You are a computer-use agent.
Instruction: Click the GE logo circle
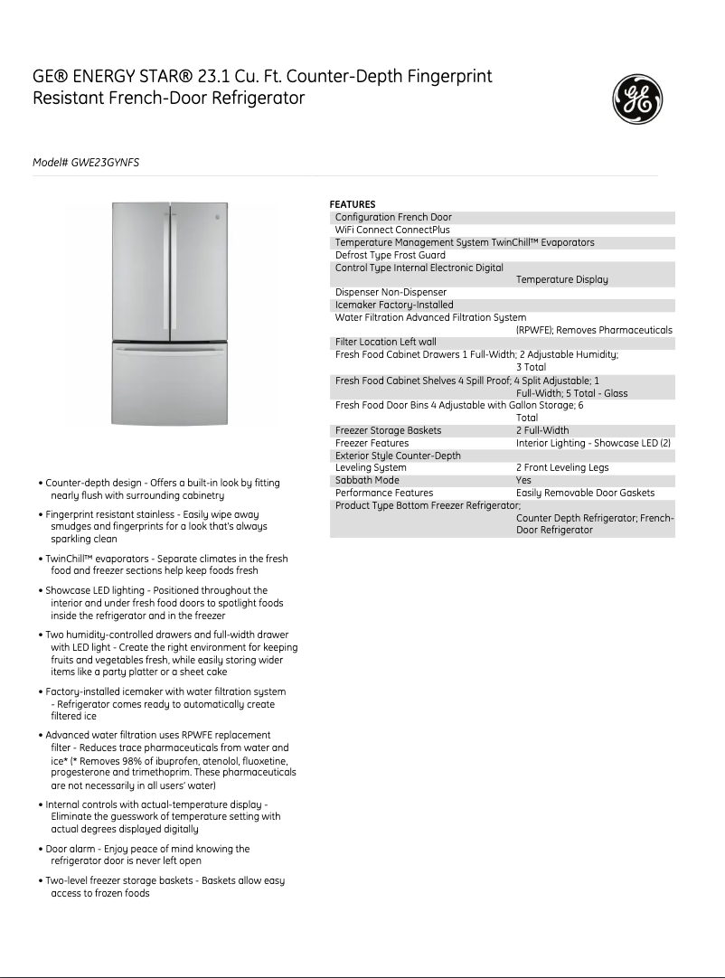coord(638,99)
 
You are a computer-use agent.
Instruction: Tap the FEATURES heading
coord(352,204)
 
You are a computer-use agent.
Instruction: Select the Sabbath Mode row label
coord(367,481)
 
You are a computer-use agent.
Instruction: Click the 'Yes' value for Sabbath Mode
coord(523,481)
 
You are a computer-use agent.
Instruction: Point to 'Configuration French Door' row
coord(393,218)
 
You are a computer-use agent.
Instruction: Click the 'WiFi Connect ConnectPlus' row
coord(391,230)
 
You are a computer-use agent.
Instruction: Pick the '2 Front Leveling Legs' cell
coord(562,468)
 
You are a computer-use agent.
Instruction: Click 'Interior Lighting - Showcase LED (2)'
coord(593,443)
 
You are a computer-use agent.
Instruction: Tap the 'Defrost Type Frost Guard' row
coord(390,256)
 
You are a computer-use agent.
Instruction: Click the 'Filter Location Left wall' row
coord(385,343)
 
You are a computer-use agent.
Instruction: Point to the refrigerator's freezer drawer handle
coord(169,348)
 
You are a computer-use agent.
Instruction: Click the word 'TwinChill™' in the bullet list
coord(71,559)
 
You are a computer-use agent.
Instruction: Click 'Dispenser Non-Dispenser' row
coord(391,293)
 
